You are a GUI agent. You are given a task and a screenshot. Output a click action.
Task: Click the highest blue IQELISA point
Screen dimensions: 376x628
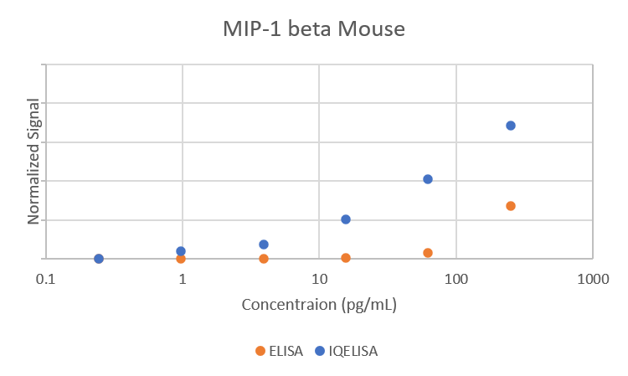(x=511, y=126)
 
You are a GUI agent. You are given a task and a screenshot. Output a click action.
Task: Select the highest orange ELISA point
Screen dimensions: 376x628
(x=511, y=206)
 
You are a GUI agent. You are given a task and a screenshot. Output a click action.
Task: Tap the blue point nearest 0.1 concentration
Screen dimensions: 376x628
(x=99, y=259)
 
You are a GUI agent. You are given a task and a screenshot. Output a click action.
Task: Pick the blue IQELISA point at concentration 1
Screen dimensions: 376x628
(x=181, y=250)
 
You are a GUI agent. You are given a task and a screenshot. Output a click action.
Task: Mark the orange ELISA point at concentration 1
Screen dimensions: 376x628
(x=181, y=259)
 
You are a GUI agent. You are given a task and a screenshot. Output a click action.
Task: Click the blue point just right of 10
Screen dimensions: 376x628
(x=346, y=219)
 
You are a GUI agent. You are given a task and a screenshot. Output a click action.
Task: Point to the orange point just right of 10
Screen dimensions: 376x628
(x=346, y=258)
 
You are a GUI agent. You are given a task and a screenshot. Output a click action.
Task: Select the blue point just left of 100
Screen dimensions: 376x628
(x=428, y=179)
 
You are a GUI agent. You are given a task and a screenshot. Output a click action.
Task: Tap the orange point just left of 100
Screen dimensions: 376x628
(x=428, y=253)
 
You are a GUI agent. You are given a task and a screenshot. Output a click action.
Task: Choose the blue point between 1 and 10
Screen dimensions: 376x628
(x=264, y=245)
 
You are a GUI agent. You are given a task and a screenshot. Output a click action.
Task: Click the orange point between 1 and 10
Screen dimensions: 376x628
(x=264, y=259)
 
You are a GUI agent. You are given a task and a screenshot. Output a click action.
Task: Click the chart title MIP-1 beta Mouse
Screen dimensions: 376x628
(x=313, y=30)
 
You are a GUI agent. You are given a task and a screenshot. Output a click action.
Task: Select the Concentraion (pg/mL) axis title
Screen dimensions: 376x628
(x=319, y=305)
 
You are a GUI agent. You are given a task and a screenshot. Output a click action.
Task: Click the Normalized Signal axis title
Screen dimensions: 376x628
(x=34, y=161)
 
